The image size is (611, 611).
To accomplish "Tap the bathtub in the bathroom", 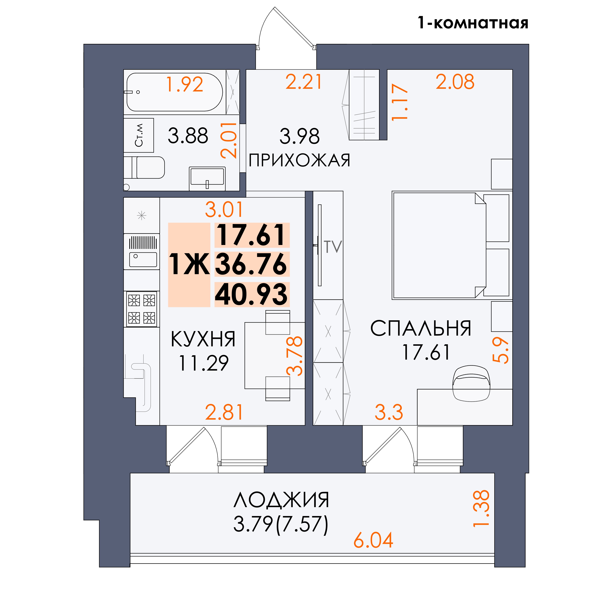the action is pos(175,92).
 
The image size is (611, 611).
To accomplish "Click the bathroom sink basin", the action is pos(207,179).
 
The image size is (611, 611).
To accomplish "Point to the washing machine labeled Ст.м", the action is pos(138,135).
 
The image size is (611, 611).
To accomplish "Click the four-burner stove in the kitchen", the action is pos(142,309).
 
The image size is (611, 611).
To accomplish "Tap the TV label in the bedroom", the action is pos(333,247).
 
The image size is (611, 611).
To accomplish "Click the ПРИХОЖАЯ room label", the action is pos(299,160).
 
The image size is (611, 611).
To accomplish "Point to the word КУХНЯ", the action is pos(203,339).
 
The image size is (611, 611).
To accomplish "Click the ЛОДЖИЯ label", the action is pos(281,500).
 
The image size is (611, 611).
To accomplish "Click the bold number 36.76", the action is pos(251,264).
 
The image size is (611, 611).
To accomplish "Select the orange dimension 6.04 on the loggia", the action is pos(373,540).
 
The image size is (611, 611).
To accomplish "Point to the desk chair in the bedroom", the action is pos(471,384).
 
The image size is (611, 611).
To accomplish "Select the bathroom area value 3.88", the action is pos(188,136).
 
